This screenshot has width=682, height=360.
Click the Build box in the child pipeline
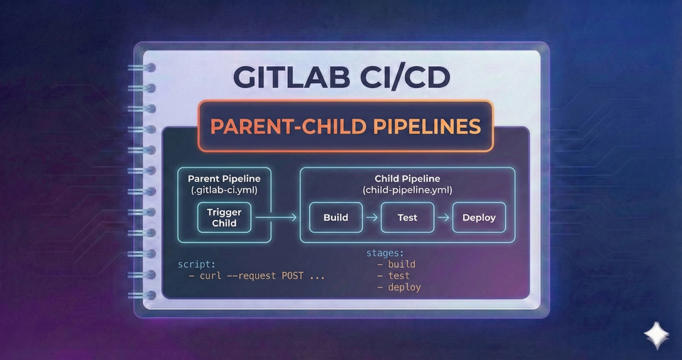click(x=336, y=217)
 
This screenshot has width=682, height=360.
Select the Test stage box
click(x=407, y=217)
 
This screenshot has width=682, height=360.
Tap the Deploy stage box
click(x=479, y=217)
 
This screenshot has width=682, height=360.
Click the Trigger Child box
click(x=224, y=217)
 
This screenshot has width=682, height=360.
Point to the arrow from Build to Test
click(x=372, y=217)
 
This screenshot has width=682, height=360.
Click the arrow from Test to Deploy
click(x=443, y=217)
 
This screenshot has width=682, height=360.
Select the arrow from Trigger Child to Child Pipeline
click(x=285, y=218)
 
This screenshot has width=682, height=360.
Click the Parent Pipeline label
click(x=224, y=179)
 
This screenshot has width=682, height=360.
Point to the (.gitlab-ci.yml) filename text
click(x=224, y=190)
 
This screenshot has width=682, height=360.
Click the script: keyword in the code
click(x=197, y=264)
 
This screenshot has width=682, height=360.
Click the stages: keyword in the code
click(x=385, y=253)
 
